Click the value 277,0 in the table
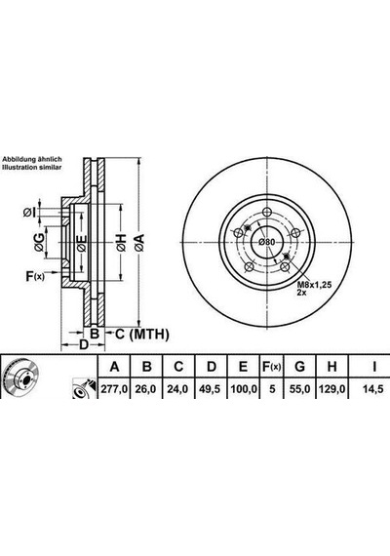click(114, 389)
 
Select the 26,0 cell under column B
click(145, 389)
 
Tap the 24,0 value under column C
click(177, 389)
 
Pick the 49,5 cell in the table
click(210, 389)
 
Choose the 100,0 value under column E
click(244, 389)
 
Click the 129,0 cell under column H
click(331, 389)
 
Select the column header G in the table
click(299, 367)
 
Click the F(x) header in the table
click(271, 367)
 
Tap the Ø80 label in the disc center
click(266, 242)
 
